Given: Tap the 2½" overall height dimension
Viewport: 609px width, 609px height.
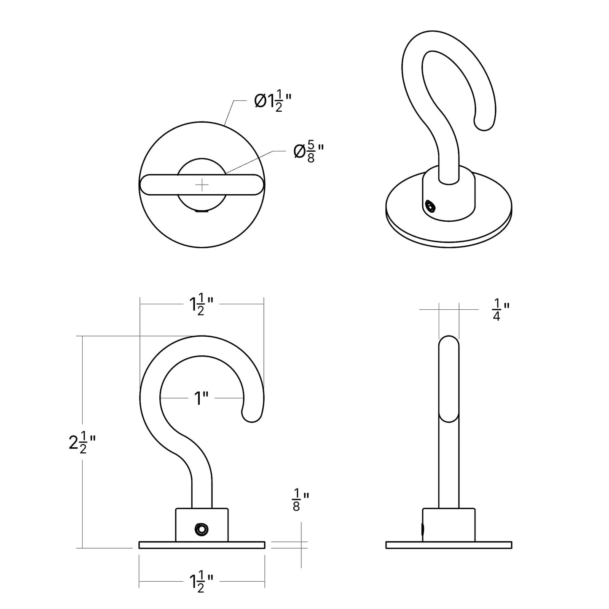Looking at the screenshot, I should (82, 443).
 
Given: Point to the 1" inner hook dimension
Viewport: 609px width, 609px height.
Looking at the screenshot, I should (201, 398).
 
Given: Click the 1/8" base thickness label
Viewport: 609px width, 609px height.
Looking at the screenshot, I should (300, 500).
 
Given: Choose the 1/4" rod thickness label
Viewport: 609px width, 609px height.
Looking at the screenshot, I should (501, 310).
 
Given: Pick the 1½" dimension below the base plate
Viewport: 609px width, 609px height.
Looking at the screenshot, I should (201, 582).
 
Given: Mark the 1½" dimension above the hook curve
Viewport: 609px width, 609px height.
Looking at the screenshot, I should (201, 304).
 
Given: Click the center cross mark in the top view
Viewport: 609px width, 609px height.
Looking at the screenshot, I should (202, 185).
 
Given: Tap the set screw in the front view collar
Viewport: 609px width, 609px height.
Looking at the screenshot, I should (201, 529).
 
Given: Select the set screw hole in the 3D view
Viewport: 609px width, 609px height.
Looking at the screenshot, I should (430, 207).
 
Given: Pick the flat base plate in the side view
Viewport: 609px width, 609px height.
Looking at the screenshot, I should (449, 545).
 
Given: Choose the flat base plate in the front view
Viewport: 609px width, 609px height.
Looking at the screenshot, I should (202, 545).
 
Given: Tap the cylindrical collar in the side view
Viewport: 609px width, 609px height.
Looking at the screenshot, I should (449, 525).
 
